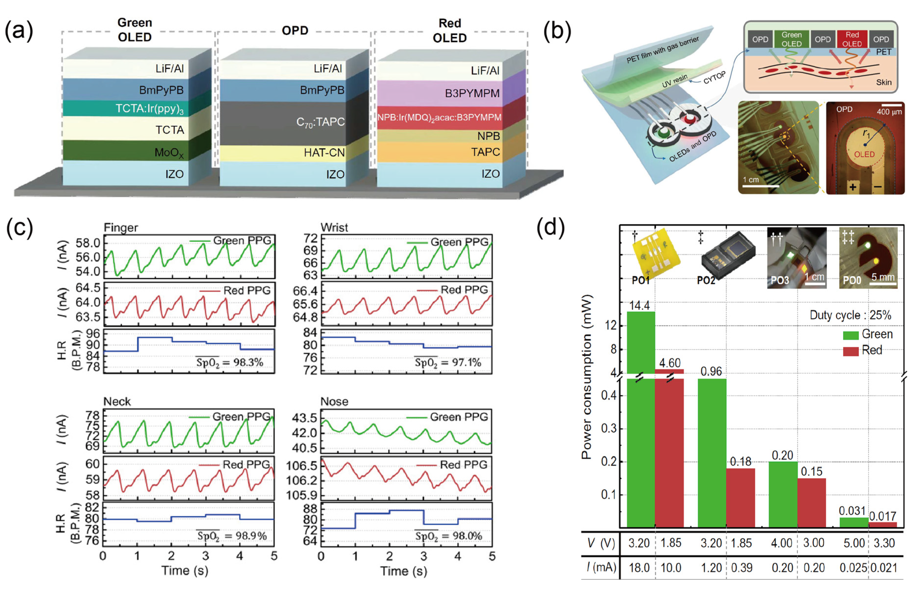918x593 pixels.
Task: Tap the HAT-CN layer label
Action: pyautogui.click(x=324, y=153)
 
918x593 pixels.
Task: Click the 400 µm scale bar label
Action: pyautogui.click(x=889, y=112)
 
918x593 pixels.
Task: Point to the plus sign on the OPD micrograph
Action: pyautogui.click(x=853, y=187)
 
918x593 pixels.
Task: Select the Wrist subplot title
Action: pyautogui.click(x=334, y=227)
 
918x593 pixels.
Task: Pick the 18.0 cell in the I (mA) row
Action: pyautogui.click(x=639, y=568)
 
